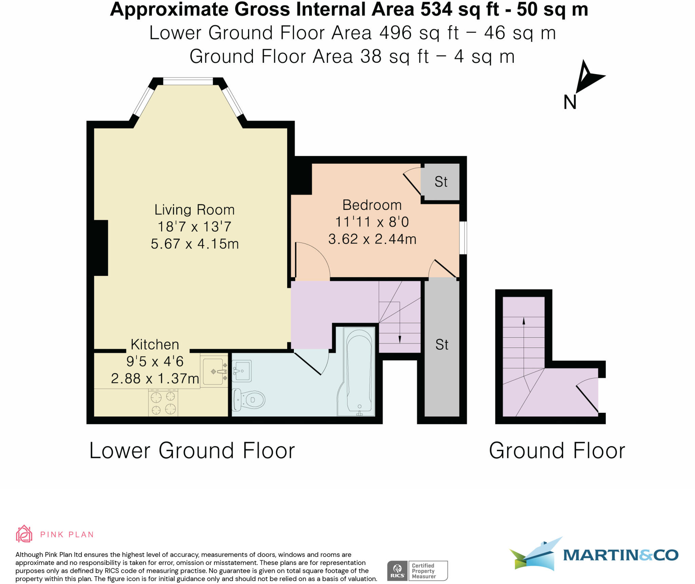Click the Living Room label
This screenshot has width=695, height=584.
coord(194,210)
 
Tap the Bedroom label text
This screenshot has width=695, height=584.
coord(372,205)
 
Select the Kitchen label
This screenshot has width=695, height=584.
coord(155,344)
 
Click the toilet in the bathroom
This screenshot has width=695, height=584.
coord(248,399)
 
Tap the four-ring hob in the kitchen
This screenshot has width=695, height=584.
coord(163,403)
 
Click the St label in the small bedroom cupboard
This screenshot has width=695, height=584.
coord(441,182)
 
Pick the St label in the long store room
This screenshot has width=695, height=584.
coord(442,345)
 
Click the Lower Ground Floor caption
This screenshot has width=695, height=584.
coord(192,450)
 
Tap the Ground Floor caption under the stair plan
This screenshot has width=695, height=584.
coord(557,450)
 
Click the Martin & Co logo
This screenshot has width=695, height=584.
coord(594,555)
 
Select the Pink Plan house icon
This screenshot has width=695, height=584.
coord(24,534)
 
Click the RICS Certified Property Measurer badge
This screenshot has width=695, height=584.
coord(417,571)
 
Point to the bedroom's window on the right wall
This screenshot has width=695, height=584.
coord(463,238)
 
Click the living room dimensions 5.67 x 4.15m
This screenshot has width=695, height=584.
coord(195,244)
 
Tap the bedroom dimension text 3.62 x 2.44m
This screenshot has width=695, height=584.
coord(372,239)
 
